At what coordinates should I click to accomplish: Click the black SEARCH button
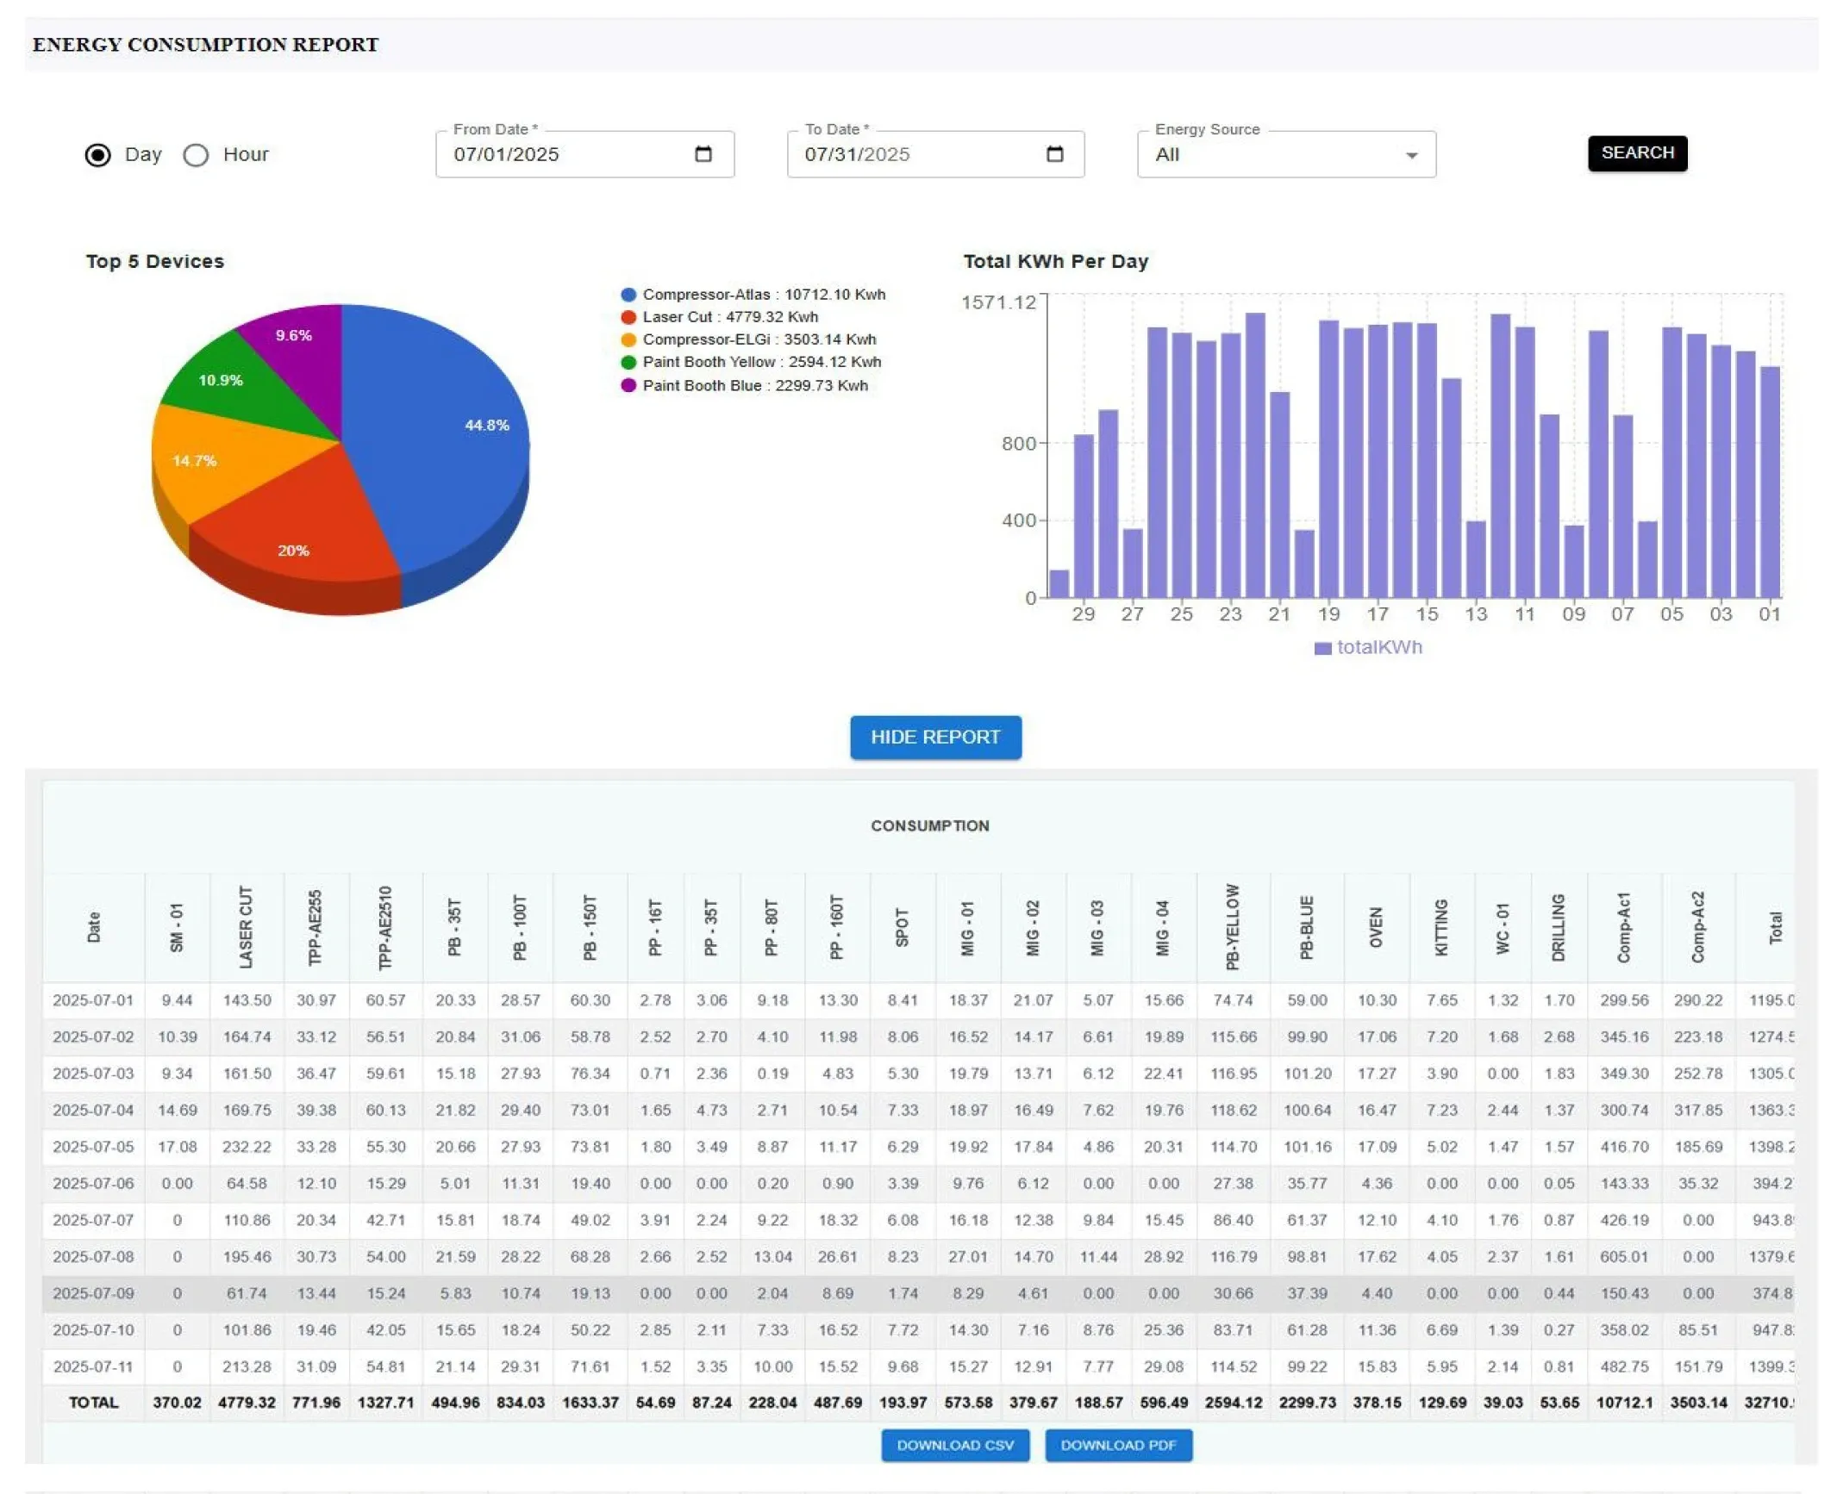click(x=1636, y=153)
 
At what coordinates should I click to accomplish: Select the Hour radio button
click(x=196, y=155)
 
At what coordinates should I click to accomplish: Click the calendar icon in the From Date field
click(x=703, y=154)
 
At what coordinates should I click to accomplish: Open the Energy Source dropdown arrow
click(x=1410, y=156)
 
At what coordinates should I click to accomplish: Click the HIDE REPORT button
click(x=934, y=738)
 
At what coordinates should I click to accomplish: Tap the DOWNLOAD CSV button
click(x=954, y=1445)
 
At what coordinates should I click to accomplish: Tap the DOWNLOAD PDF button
click(x=1117, y=1445)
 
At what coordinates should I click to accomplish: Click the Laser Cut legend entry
click(x=729, y=317)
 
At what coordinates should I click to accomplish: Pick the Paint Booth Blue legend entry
click(x=754, y=385)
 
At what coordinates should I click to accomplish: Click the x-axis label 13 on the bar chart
click(x=1475, y=614)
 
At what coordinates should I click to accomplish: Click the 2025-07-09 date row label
click(x=93, y=1293)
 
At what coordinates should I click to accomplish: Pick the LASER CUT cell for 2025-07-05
click(x=247, y=1147)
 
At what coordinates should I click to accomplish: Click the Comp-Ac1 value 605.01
click(x=1623, y=1256)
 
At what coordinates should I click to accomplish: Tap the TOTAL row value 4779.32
click(x=247, y=1403)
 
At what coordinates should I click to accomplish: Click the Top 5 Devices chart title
click(x=155, y=261)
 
